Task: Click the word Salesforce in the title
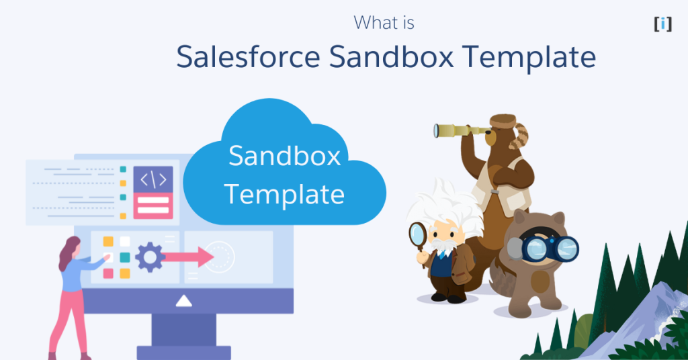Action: pyautogui.click(x=248, y=57)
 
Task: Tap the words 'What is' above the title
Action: pyautogui.click(x=384, y=23)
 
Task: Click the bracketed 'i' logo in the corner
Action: pyautogui.click(x=662, y=24)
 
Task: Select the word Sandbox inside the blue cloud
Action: pyautogui.click(x=284, y=156)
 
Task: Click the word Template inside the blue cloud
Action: pyautogui.click(x=284, y=194)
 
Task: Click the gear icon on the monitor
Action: pyautogui.click(x=149, y=256)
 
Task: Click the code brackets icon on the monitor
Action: pyautogui.click(x=153, y=179)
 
